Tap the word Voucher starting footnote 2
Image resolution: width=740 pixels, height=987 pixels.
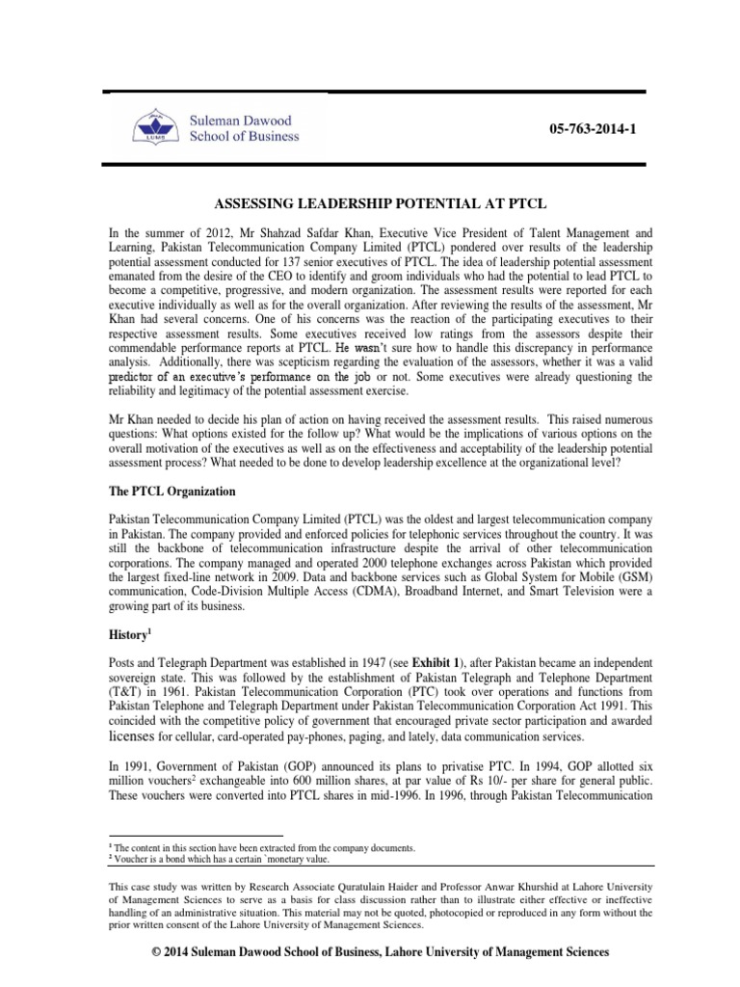(x=133, y=860)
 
